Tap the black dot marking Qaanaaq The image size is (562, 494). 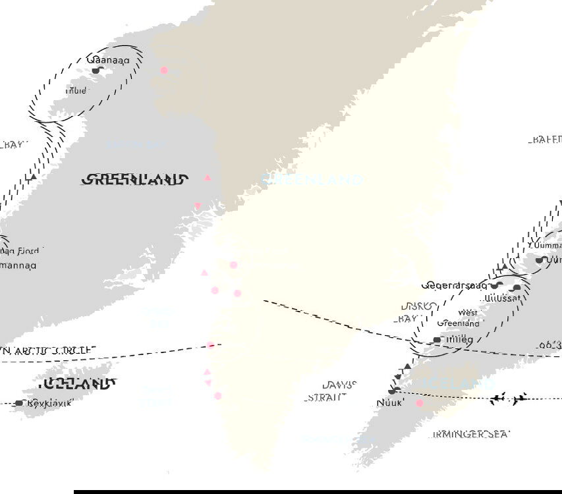96,70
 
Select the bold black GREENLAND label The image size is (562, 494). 136,179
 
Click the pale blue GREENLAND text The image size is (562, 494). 312,179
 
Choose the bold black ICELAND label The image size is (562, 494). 78,384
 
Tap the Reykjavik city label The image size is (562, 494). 49,402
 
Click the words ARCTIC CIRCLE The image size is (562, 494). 55,351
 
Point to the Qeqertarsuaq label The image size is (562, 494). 455,285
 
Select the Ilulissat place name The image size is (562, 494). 501,298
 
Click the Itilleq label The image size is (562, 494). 460,339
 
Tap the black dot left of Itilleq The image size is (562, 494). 437,340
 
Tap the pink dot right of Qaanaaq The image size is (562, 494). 164,70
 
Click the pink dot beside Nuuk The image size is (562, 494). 419,403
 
